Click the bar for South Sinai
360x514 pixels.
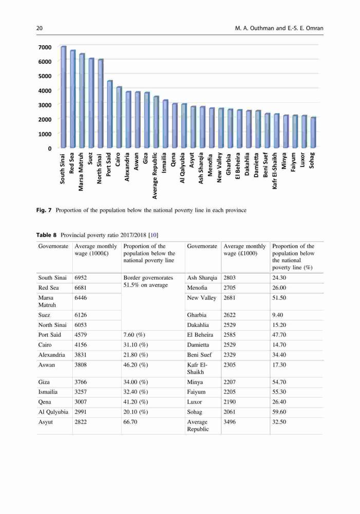pyautogui.click(x=64, y=97)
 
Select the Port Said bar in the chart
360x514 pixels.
pyautogui.click(x=110, y=114)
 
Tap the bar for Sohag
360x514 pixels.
pyautogui.click(x=313, y=133)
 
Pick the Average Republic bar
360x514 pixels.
pyautogui.click(x=156, y=122)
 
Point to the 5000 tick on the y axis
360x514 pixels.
pyautogui.click(x=45, y=76)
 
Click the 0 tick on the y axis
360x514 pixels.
pyautogui.click(x=50, y=149)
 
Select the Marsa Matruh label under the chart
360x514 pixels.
pyautogui.click(x=81, y=171)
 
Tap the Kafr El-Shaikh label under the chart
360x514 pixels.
pyautogui.click(x=275, y=171)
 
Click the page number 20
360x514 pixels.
pyautogui.click(x=40, y=28)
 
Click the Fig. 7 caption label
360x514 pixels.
pyautogui.click(x=44, y=210)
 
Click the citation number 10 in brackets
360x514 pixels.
pyautogui.click(x=154, y=235)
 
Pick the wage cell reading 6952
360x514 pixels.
pyautogui.click(x=81, y=278)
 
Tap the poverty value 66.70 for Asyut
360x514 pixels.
pyautogui.click(x=130, y=422)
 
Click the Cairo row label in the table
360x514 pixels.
pyautogui.click(x=45, y=345)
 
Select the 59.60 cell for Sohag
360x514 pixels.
pyautogui.click(x=279, y=412)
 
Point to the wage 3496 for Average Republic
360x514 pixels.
pyautogui.click(x=230, y=422)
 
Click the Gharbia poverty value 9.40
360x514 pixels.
pyautogui.click(x=278, y=315)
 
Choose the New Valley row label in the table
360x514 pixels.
pyautogui.click(x=201, y=298)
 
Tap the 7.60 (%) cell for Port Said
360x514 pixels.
pyautogui.click(x=135, y=335)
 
